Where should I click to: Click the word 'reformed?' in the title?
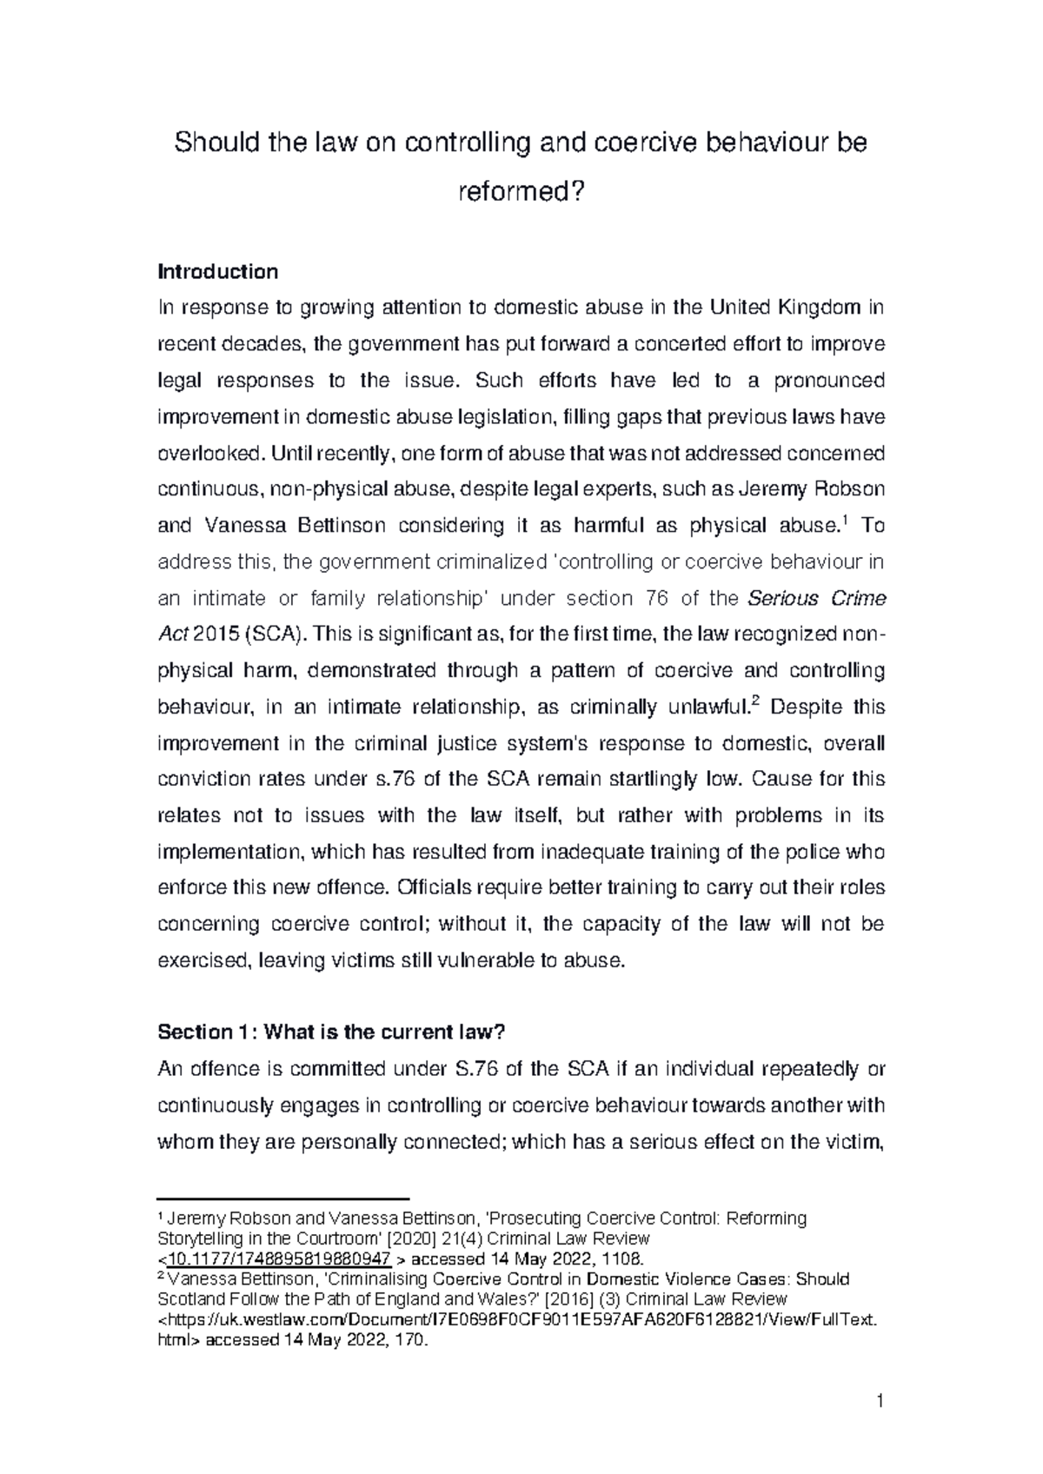521,192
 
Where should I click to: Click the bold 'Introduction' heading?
217,272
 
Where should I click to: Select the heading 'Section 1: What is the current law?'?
331,1032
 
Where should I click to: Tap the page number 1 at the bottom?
880,1401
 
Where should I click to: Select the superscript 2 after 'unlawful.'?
754,700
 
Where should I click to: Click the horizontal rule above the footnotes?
282,1198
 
